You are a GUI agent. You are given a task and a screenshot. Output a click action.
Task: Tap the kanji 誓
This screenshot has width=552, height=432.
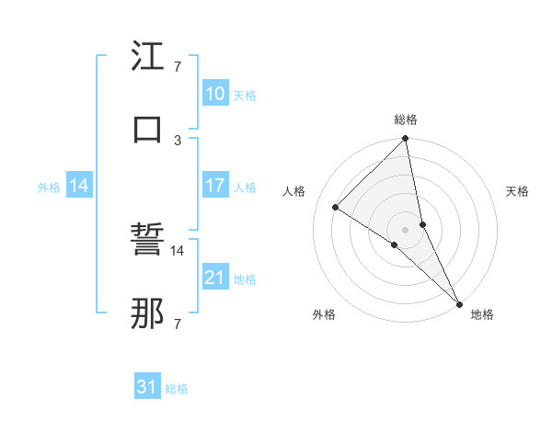147,244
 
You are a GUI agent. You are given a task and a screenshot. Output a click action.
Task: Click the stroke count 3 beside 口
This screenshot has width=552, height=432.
178,140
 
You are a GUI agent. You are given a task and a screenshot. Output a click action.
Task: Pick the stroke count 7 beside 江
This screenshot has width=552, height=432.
178,68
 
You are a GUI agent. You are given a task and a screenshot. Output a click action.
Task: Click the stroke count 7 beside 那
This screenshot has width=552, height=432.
178,324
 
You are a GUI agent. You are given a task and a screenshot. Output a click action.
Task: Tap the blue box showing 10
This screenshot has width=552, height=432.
214,94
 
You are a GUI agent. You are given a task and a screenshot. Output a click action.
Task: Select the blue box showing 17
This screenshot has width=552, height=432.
214,186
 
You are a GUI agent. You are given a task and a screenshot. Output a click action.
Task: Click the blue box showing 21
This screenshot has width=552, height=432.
214,278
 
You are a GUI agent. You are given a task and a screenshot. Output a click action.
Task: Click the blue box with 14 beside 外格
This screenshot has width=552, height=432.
79,186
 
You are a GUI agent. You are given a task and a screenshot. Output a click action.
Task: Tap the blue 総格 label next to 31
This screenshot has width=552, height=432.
177,389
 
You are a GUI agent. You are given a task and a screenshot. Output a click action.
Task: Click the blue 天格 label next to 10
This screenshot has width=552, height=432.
245,95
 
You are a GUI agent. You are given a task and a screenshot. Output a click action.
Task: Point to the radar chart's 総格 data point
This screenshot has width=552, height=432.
405,140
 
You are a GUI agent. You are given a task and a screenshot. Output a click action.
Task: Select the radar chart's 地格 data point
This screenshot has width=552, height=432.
458,302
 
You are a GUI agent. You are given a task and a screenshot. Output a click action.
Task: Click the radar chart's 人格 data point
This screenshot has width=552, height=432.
336,208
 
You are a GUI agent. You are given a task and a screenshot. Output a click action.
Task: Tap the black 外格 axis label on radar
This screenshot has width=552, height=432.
324,314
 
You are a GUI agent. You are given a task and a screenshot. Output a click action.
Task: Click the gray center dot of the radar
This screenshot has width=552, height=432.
405,229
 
